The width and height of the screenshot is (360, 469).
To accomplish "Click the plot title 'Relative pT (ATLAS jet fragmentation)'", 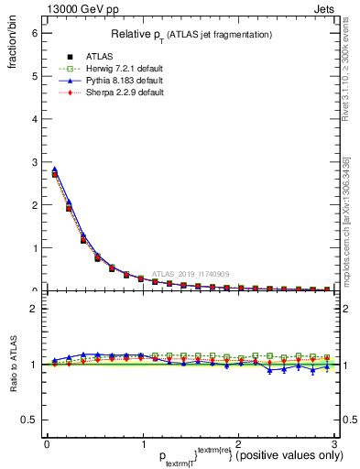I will click(x=191, y=35).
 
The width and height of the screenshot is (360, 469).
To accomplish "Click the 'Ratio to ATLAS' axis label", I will click(x=12, y=364).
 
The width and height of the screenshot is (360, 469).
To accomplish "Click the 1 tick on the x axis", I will click(x=142, y=444).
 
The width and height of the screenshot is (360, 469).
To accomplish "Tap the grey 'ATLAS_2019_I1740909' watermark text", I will click(x=191, y=273).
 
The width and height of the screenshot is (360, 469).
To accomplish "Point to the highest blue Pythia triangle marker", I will click(x=54, y=169).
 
